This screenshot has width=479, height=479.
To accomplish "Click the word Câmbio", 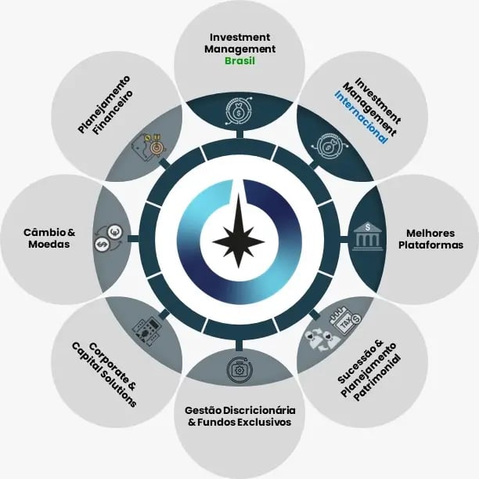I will [x=39, y=232].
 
